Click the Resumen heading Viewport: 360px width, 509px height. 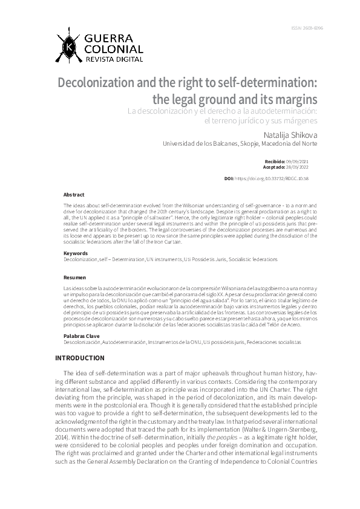(74, 277)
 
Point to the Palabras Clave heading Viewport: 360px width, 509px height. (80, 335)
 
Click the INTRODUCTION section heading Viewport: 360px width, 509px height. (80, 358)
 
